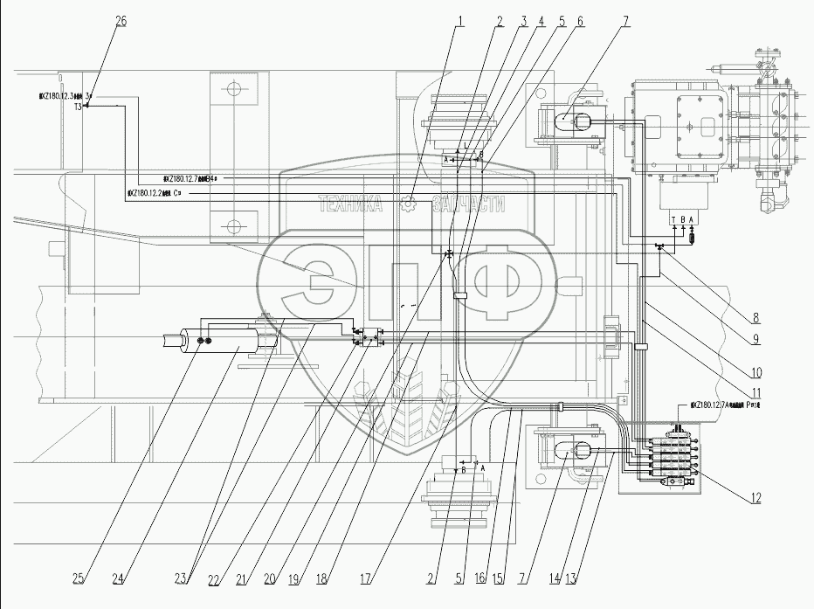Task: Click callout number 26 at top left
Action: [x=121, y=21]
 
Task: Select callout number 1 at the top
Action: [x=459, y=21]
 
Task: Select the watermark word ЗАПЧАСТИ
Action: [x=469, y=204]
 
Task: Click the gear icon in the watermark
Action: [x=407, y=204]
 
